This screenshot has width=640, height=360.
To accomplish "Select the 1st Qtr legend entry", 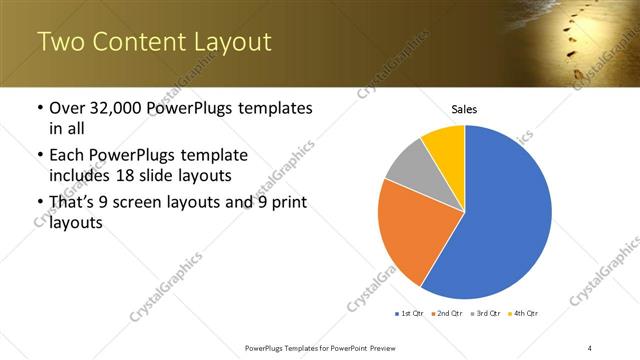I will (410, 314).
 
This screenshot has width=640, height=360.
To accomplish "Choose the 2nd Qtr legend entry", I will (447, 314).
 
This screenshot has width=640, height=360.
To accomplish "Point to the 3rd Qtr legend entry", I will (485, 314).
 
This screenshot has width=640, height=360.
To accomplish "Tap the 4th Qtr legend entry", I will (523, 314).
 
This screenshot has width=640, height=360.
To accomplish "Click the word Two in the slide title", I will (61, 43).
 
